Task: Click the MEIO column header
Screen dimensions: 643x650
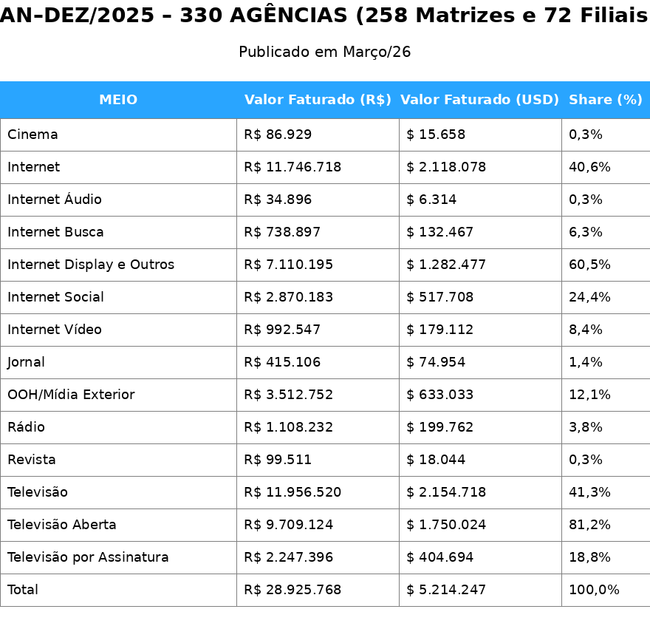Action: [x=118, y=100]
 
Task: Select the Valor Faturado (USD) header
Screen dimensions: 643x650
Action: [x=479, y=100]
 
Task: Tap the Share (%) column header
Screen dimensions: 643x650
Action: [x=606, y=100]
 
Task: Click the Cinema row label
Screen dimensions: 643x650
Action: [x=32, y=135]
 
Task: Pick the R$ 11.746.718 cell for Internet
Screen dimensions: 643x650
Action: [x=292, y=167]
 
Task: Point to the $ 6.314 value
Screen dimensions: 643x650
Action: [x=431, y=200]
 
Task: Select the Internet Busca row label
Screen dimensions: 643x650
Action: [x=55, y=232]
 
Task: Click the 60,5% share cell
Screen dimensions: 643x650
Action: [x=589, y=265]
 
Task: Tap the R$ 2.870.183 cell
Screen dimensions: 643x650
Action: [x=289, y=297]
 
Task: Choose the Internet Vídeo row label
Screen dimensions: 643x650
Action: [x=55, y=330]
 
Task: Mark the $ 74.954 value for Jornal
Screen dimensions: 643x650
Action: [x=436, y=362]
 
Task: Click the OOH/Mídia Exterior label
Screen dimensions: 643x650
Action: [x=71, y=395]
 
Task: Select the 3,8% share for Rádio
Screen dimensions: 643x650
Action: [x=586, y=427]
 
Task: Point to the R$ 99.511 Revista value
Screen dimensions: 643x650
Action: [x=278, y=460]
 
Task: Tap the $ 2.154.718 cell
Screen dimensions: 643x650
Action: [x=446, y=492]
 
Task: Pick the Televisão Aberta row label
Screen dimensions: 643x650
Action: [x=62, y=525]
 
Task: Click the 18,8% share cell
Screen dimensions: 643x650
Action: [x=589, y=557]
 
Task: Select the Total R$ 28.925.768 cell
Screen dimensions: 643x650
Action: [x=292, y=590]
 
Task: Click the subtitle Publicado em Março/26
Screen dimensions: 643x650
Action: [x=325, y=52]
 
